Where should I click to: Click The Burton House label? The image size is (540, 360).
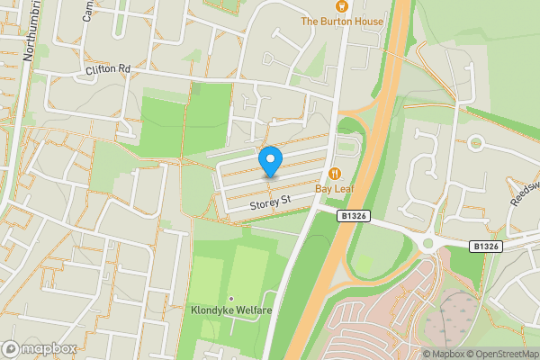point(342,22)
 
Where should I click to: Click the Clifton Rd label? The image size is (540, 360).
point(108,68)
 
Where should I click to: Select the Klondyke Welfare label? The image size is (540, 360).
point(231,310)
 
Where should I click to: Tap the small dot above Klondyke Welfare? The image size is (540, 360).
point(231,298)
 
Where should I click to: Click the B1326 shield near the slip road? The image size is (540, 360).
point(355,217)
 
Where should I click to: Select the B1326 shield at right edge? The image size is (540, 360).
point(485,246)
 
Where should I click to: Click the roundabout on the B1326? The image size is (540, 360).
point(429,243)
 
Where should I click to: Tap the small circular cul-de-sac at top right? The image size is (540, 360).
point(476,143)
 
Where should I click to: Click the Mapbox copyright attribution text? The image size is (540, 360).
point(445,354)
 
